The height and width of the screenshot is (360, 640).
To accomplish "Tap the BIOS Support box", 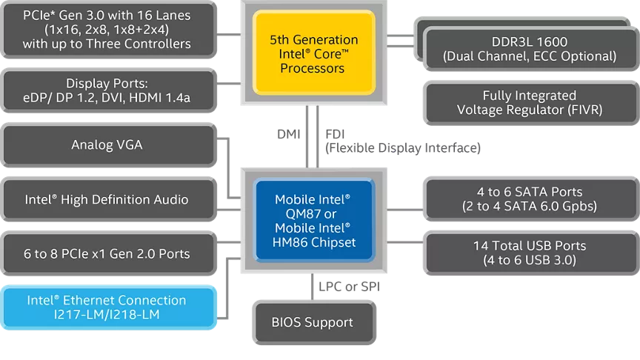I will (312, 322).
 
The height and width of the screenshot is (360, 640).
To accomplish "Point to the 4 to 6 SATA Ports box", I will (530, 199).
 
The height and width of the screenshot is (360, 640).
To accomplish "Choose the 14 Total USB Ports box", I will (530, 253).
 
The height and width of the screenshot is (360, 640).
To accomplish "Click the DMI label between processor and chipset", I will (288, 134).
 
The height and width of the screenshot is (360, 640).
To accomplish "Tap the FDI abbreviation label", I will (335, 134).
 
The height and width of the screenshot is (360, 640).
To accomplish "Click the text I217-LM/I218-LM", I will (107, 315).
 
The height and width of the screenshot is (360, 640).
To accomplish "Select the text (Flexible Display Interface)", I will (403, 148).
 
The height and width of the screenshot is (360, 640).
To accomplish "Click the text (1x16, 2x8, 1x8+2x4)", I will (107, 30).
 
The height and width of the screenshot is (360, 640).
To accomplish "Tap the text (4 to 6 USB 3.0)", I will (530, 260).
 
